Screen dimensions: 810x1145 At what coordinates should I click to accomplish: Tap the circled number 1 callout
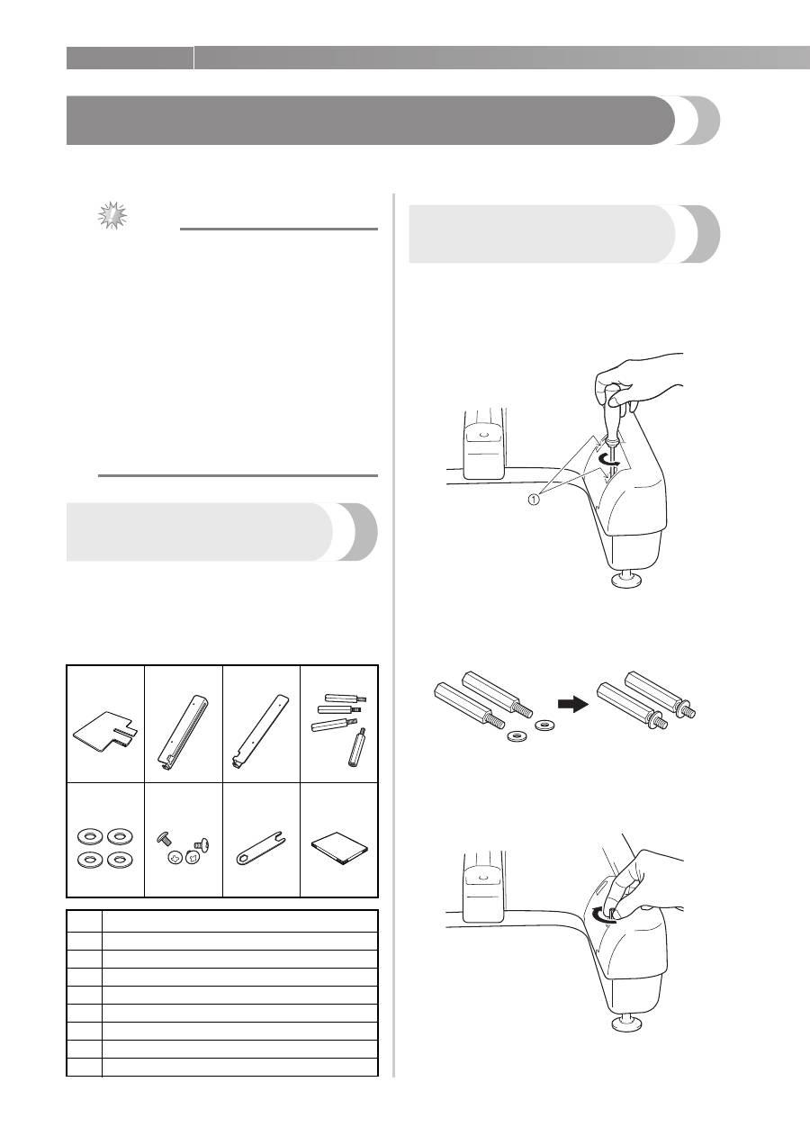pyautogui.click(x=533, y=500)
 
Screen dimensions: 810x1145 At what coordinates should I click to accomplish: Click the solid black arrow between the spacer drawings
pyautogui.click(x=573, y=705)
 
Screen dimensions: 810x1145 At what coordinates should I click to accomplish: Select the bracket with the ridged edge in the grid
pyautogui.click(x=183, y=732)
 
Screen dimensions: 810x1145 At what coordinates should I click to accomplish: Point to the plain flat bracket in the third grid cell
pyautogui.click(x=260, y=732)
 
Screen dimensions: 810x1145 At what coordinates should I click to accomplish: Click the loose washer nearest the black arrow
pyautogui.click(x=544, y=725)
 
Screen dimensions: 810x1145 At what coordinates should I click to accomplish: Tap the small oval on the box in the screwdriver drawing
pyautogui.click(x=483, y=435)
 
